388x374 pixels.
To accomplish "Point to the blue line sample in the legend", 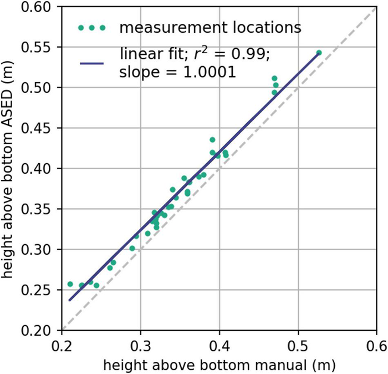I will coord(93,63).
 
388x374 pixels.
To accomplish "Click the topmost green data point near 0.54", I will coord(319,53).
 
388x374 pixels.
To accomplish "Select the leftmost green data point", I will coord(70,284).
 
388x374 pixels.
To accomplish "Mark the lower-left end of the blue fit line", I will coord(69,300).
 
